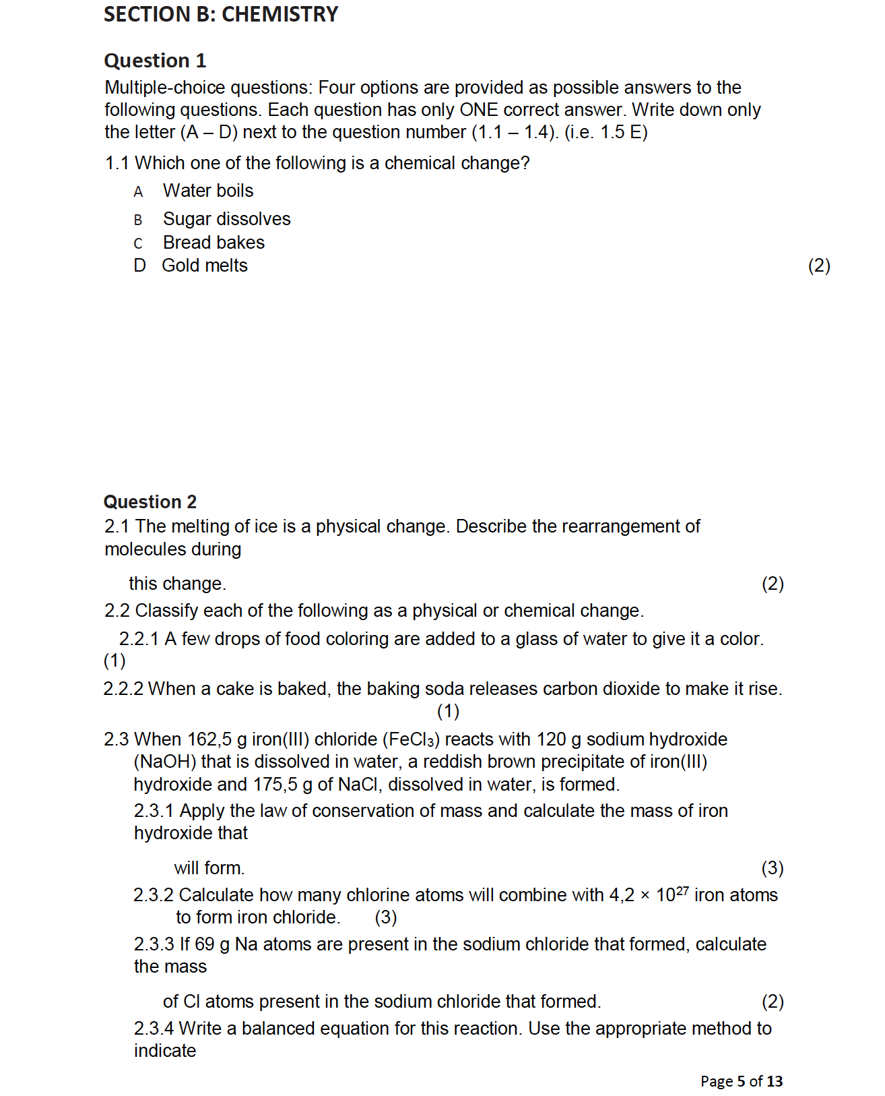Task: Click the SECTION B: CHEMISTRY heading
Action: [x=221, y=14]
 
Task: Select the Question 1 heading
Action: [x=155, y=61]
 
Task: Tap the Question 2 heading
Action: [x=150, y=502]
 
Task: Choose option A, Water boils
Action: [x=207, y=191]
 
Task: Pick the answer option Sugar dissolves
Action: [x=226, y=219]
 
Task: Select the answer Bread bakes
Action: [x=214, y=243]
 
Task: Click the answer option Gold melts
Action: [x=204, y=266]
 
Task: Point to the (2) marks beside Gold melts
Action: [x=819, y=266]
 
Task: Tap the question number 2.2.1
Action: [x=139, y=639]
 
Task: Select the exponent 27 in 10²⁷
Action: [x=682, y=890]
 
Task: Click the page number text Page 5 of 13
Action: [x=742, y=1081]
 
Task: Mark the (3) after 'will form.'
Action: [x=773, y=868]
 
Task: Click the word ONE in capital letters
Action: [x=478, y=110]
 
